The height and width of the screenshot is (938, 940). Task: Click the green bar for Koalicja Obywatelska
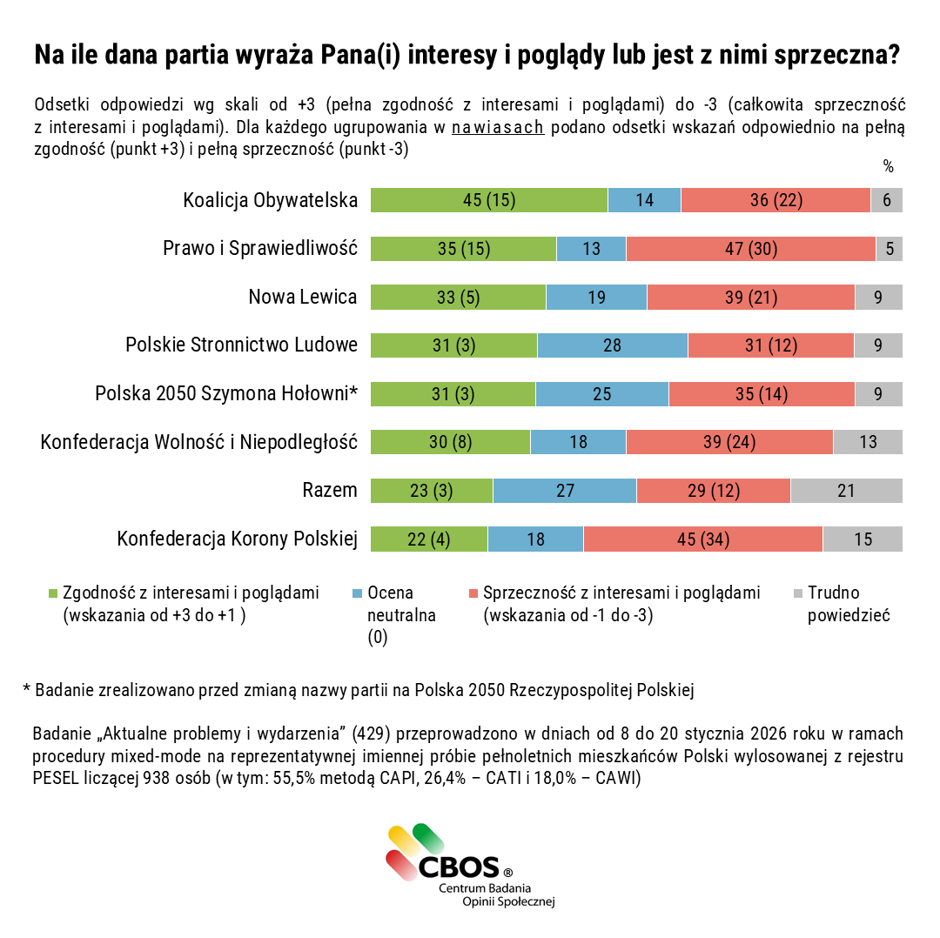pos(488,200)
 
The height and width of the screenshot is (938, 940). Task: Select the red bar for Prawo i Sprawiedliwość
pos(750,249)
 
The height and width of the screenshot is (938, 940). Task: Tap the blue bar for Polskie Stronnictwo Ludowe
pos(612,345)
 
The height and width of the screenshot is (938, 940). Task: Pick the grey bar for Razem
pos(846,491)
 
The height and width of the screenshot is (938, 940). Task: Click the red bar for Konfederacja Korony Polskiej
pos(702,539)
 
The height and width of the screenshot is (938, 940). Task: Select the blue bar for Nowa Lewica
pos(596,298)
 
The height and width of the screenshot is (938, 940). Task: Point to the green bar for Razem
pos(432,491)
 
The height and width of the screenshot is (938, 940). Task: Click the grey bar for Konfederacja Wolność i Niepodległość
pos(868,442)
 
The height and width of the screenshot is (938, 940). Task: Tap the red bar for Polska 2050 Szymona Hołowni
pos(762,394)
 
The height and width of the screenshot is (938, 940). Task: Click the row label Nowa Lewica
pos(303,298)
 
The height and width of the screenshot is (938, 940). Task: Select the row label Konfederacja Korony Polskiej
pos(238,539)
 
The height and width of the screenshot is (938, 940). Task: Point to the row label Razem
pos(330,491)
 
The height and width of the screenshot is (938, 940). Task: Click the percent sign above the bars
pos(889,166)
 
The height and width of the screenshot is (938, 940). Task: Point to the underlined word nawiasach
pos(498,128)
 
